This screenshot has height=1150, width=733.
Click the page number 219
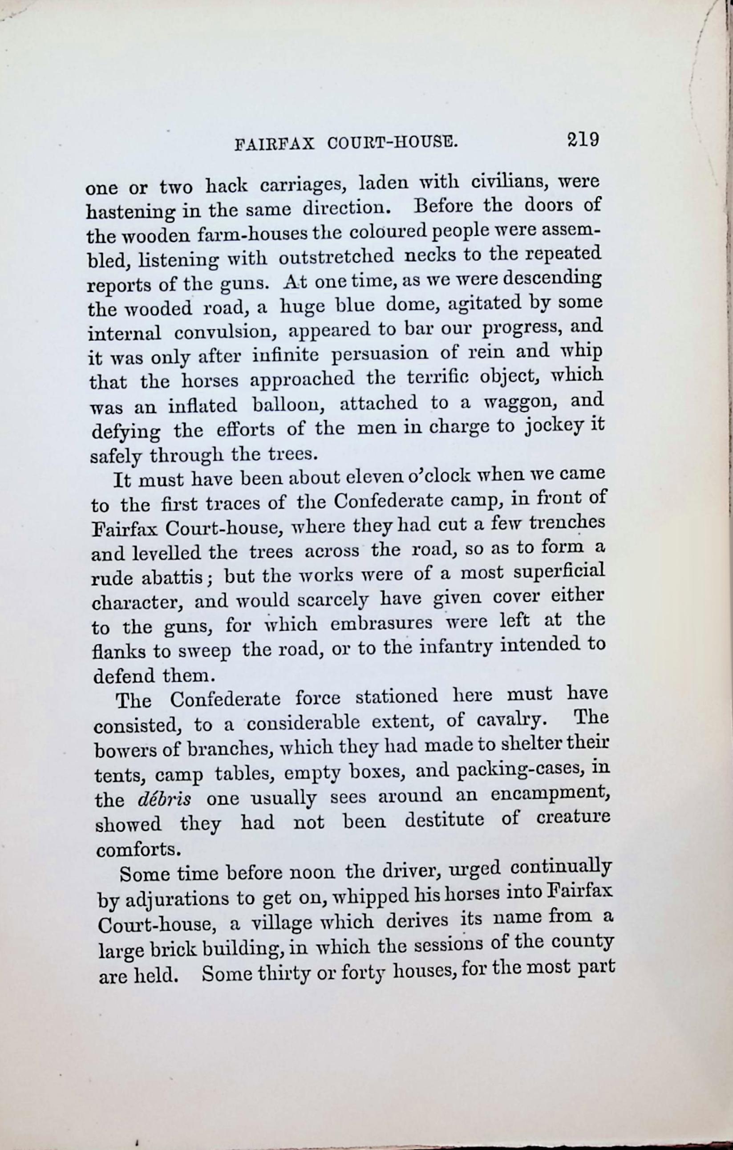(x=583, y=140)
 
